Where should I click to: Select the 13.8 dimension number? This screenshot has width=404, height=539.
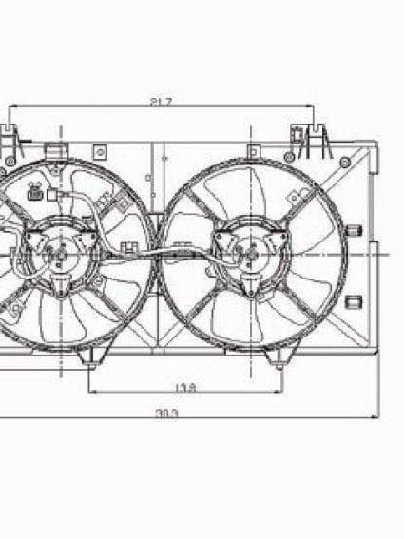[186, 387]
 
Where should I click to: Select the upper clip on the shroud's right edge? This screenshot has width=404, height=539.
[354, 231]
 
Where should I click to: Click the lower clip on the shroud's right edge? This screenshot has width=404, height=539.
[354, 302]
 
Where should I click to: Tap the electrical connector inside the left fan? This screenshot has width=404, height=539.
[36, 195]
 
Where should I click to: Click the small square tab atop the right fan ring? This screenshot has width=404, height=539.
[253, 151]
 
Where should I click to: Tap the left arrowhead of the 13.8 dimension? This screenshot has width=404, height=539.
[92, 391]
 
